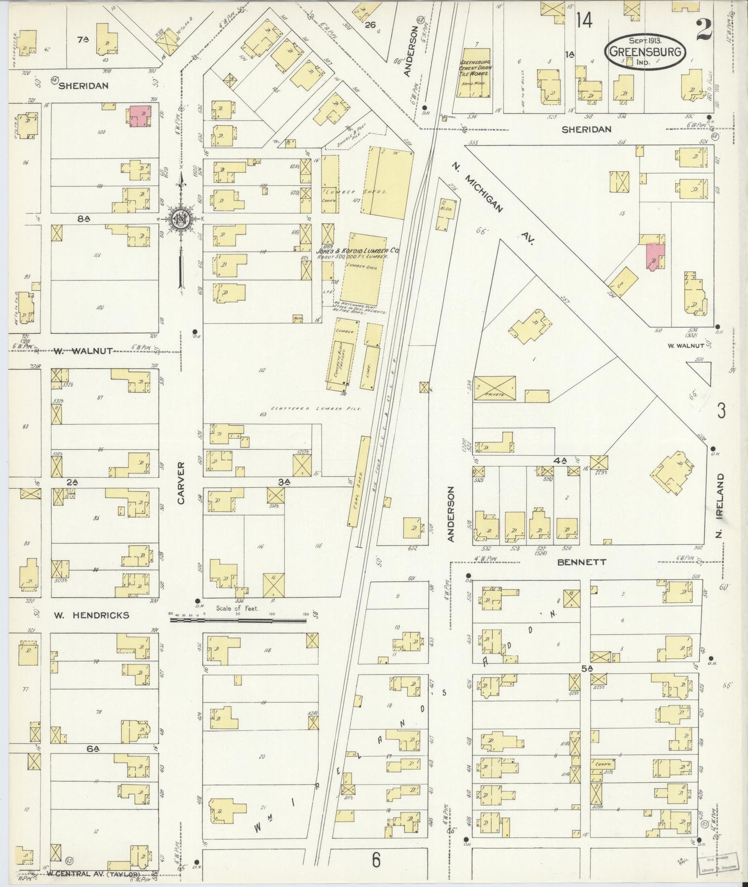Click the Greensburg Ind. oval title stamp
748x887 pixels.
(x=646, y=52)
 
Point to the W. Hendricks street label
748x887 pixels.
(x=92, y=615)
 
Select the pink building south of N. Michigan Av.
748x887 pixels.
(x=654, y=257)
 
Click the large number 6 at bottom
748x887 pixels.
(x=376, y=860)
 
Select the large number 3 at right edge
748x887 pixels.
(x=721, y=410)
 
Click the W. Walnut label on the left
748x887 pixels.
(x=83, y=351)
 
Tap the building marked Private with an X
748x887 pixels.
(x=495, y=388)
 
